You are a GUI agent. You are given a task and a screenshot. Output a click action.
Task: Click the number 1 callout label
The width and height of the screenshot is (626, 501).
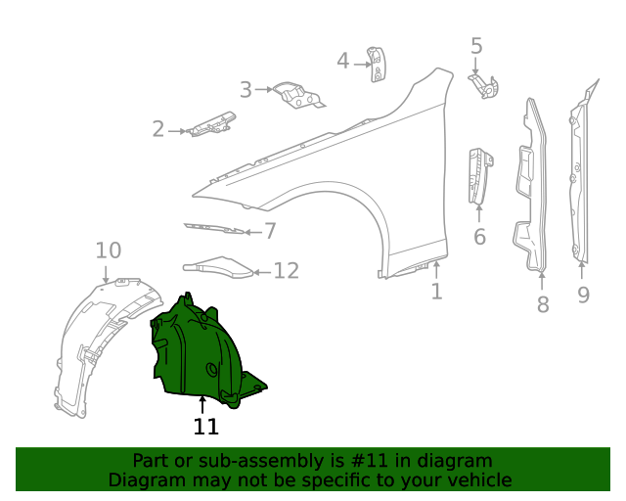(436, 292)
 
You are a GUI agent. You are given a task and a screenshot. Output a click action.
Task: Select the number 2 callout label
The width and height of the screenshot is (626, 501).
(158, 129)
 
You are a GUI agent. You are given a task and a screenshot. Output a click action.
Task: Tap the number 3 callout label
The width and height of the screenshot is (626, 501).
(246, 90)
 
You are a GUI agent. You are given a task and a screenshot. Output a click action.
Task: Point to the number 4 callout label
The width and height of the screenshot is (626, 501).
(342, 62)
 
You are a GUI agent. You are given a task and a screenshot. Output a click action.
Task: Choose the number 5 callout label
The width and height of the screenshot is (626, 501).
(476, 46)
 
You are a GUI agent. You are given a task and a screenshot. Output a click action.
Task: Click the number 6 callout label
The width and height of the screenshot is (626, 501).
(479, 237)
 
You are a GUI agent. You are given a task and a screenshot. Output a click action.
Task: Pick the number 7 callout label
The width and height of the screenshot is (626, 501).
(270, 232)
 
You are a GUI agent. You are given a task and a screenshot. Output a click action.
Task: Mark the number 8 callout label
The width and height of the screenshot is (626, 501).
(543, 304)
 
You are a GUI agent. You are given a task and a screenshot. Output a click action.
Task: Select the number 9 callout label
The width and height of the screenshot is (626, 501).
(583, 294)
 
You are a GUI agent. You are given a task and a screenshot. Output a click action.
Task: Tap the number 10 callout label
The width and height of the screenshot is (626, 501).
(108, 250)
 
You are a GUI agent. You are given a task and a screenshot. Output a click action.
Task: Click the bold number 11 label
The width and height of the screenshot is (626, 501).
(205, 427)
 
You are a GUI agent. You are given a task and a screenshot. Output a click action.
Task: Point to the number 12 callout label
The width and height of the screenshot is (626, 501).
(286, 271)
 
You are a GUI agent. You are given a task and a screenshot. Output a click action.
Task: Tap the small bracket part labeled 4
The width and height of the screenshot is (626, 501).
(376, 63)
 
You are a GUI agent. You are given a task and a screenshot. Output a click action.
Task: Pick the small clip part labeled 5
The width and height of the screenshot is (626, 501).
(486, 85)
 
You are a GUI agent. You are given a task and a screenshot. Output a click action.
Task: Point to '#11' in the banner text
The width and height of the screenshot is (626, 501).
(374, 461)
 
